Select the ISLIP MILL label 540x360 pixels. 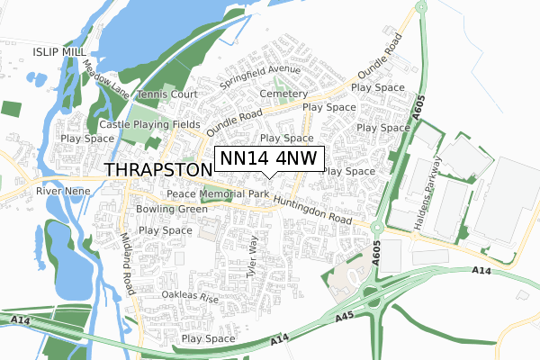(x=60, y=53)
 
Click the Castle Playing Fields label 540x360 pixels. (x=150, y=124)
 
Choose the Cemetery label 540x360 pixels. (x=283, y=94)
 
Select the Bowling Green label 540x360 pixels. (x=172, y=210)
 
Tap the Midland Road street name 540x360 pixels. (x=126, y=262)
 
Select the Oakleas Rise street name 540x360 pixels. (x=191, y=295)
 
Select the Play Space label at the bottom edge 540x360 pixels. (x=208, y=338)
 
